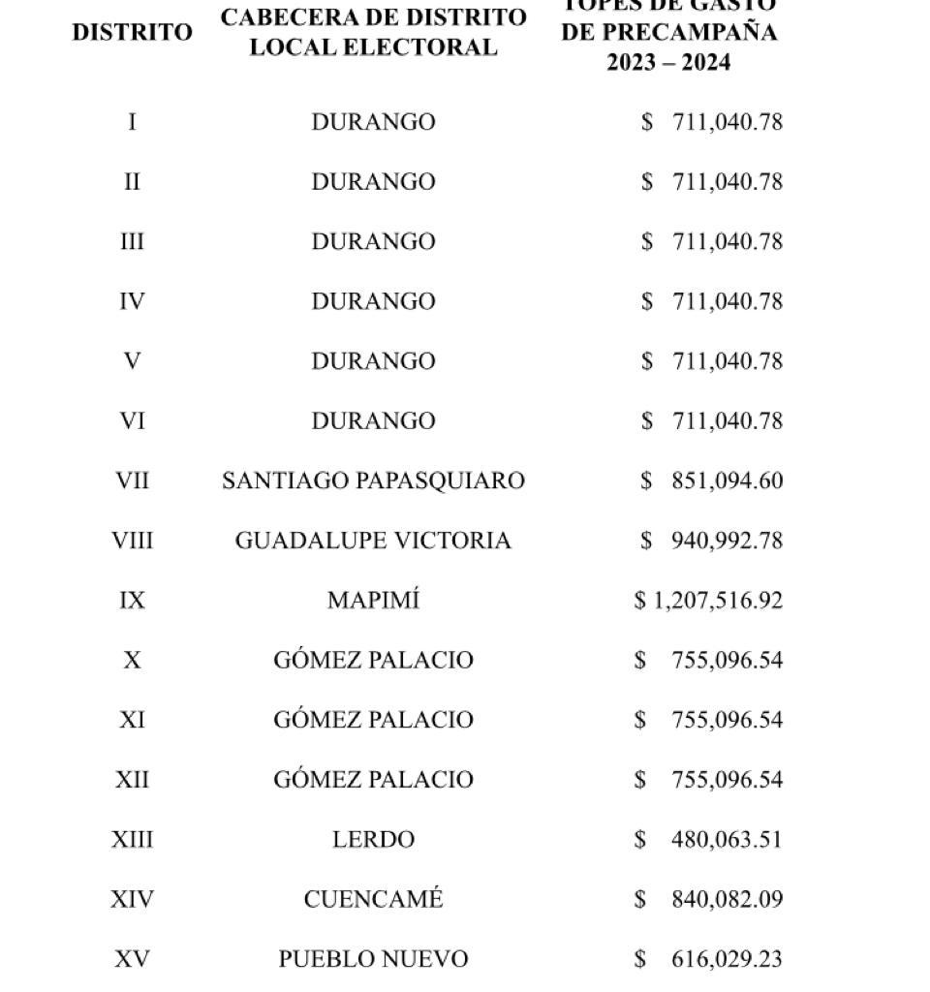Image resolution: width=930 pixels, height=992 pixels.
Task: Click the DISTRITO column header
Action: tap(132, 32)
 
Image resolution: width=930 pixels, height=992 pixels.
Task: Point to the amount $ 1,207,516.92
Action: tap(708, 601)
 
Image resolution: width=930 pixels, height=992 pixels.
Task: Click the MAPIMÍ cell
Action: tap(373, 601)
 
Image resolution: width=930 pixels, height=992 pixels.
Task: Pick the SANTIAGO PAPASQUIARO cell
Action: tap(373, 480)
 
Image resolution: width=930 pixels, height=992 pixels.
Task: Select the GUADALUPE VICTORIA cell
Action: tap(373, 541)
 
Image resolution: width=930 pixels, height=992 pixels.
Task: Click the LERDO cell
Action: tap(373, 840)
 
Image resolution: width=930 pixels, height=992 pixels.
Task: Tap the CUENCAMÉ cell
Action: tap(373, 899)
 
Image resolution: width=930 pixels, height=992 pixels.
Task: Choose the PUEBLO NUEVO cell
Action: tap(373, 959)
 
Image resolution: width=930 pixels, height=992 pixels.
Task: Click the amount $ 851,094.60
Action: tap(711, 480)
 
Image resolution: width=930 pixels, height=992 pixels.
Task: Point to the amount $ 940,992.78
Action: tap(711, 541)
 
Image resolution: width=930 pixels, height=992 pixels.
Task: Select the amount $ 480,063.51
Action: tap(711, 840)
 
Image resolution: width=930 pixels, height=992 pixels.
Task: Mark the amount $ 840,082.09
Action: tap(711, 899)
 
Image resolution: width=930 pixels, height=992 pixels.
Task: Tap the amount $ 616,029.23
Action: tap(711, 959)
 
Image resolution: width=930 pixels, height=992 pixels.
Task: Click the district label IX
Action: tap(132, 601)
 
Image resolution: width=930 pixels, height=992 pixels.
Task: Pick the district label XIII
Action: tap(132, 840)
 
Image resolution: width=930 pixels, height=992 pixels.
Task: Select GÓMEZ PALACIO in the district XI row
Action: tap(373, 720)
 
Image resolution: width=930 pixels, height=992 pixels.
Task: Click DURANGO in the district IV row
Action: tap(373, 301)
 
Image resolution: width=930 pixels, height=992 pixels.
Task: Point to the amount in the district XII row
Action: tap(711, 780)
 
